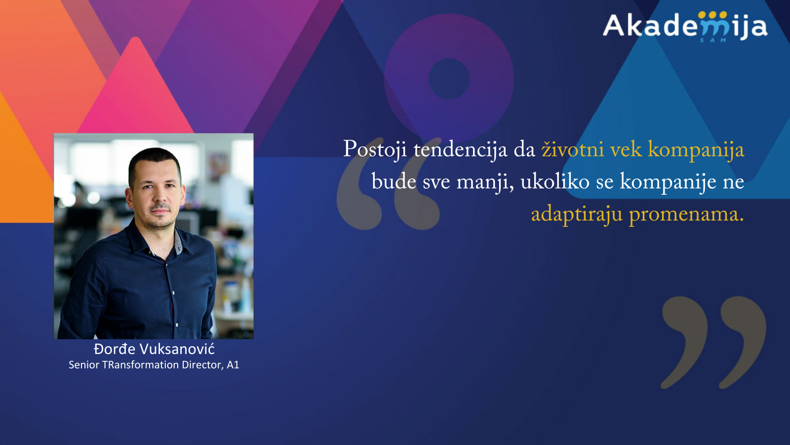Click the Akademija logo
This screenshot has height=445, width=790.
(685, 27)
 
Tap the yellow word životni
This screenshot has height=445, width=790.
(572, 149)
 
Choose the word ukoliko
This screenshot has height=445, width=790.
(555, 181)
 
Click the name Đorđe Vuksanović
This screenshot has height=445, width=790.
(154, 349)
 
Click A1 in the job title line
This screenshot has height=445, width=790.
(233, 365)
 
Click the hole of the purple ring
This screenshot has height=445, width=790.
(449, 79)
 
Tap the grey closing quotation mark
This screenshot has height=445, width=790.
(713, 343)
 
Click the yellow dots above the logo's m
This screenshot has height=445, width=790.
(713, 15)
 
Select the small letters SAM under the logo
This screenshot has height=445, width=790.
(713, 40)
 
